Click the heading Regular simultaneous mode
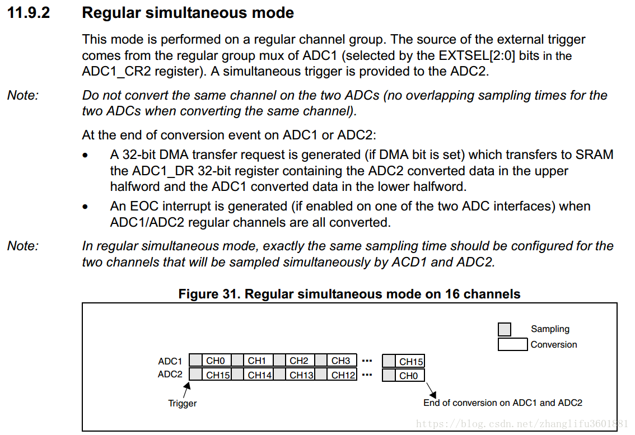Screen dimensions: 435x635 click(188, 13)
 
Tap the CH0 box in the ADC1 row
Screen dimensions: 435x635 click(216, 361)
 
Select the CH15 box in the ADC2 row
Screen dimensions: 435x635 click(218, 375)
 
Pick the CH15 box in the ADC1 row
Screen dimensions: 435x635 click(411, 362)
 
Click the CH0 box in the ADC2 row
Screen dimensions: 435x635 click(409, 376)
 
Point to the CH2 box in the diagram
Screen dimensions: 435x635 click(299, 361)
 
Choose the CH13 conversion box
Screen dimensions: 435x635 click(301, 375)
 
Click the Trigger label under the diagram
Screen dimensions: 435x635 click(183, 403)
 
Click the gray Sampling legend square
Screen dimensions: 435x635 click(505, 329)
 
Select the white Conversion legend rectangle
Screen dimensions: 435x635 click(512, 344)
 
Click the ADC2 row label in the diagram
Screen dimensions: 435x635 click(170, 375)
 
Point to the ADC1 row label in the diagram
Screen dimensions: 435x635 click(170, 361)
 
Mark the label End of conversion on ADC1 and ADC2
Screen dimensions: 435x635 click(502, 403)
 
